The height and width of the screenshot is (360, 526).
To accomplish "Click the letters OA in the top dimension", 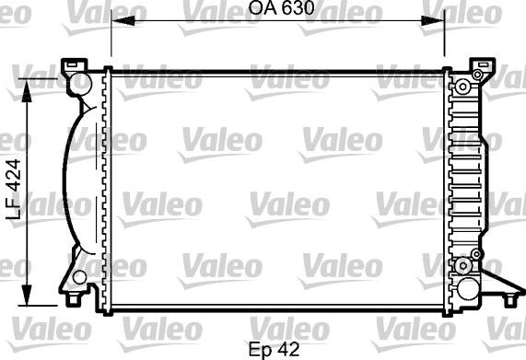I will coord(260,9).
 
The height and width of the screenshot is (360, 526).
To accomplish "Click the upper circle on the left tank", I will coord(81,84).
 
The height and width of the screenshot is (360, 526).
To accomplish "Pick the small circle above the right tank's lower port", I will coord(475,251).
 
